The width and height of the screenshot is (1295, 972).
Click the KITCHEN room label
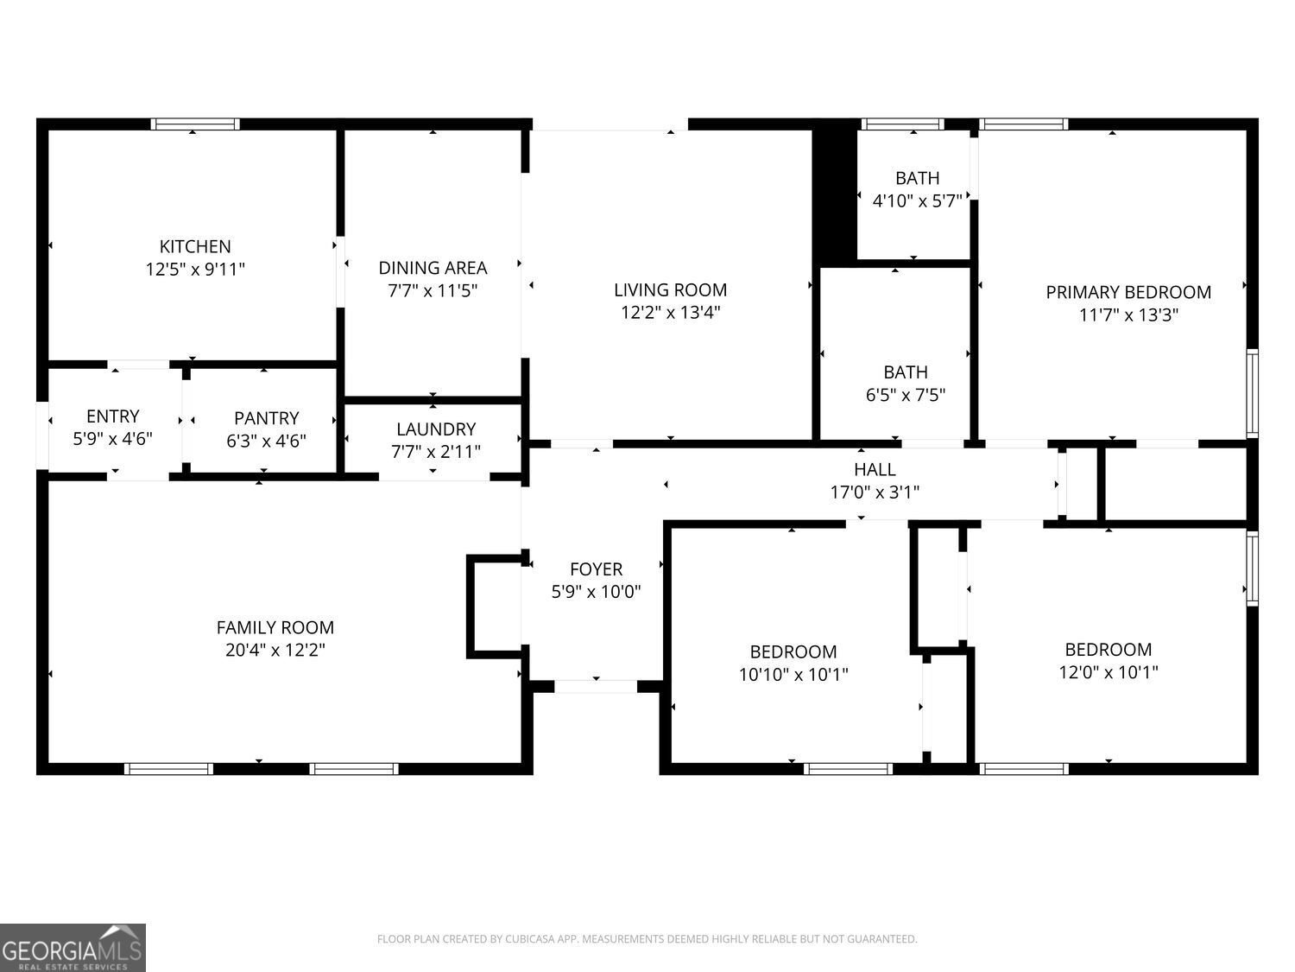point(195,246)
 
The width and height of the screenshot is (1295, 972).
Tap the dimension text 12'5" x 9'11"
point(195,269)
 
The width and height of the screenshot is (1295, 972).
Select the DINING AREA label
point(433,268)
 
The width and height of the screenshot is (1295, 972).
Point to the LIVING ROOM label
point(670,289)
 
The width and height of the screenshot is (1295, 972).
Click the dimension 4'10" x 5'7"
point(917,200)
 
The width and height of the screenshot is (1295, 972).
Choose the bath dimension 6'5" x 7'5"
point(905,394)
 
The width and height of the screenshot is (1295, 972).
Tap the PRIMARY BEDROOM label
point(1128,292)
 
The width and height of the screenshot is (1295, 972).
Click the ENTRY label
point(113,416)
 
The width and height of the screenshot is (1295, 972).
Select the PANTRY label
point(266,418)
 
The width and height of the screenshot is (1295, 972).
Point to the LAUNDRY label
point(435,429)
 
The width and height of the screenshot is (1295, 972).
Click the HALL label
point(875,469)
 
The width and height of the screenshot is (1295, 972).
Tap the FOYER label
point(596,569)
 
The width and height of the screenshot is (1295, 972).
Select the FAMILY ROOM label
point(275,626)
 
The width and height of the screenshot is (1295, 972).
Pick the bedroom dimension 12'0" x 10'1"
point(1108,671)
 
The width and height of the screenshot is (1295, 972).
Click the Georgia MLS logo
point(73,947)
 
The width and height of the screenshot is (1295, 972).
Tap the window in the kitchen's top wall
point(195,124)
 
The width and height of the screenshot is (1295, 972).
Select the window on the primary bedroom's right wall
point(1252,393)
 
